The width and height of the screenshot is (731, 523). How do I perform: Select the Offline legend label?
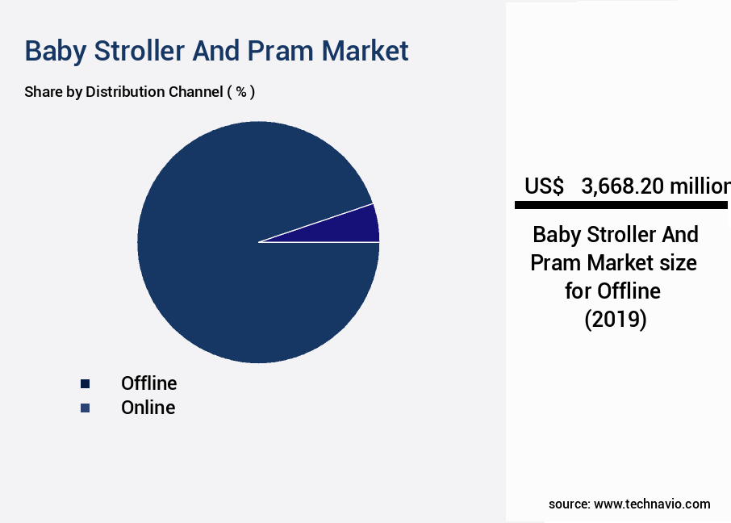[x=148, y=383]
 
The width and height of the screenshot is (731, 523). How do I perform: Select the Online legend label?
[x=148, y=408]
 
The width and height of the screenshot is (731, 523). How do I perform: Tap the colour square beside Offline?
[x=85, y=384]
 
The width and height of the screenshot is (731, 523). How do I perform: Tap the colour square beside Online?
[x=85, y=408]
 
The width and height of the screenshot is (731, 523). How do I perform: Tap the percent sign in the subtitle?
[x=240, y=92]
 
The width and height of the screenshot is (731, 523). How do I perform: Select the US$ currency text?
[x=544, y=186]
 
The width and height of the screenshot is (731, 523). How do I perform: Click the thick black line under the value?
[x=621, y=206]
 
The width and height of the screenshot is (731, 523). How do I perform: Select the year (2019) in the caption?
[x=616, y=319]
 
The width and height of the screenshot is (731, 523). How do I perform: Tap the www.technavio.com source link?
[x=652, y=504]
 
